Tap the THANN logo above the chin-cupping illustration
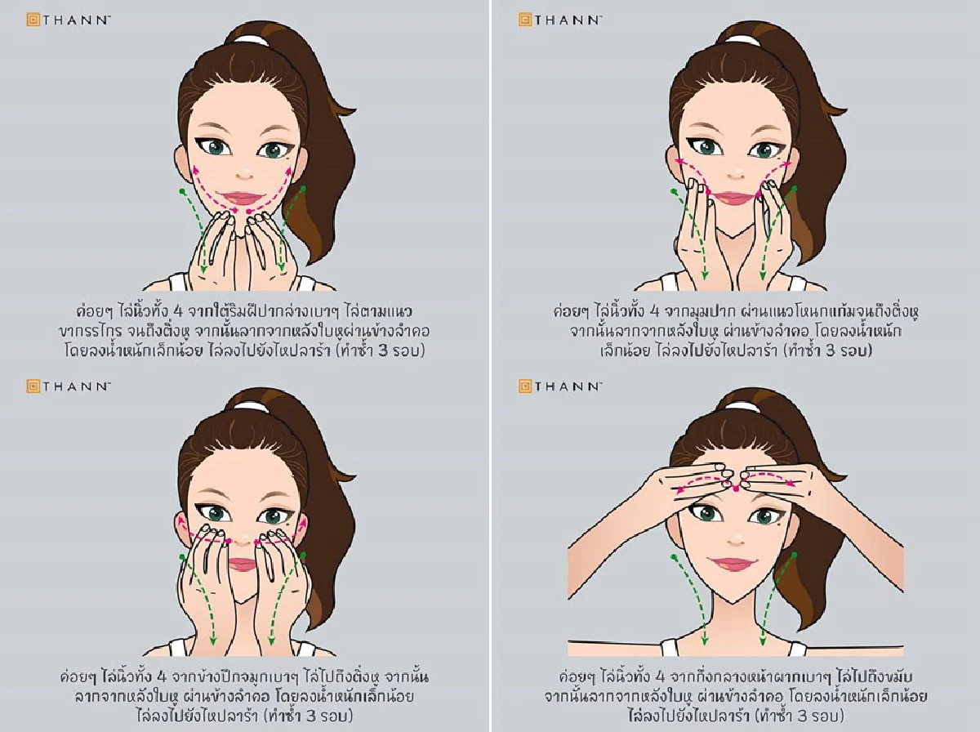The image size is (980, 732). pyautogui.click(x=69, y=20)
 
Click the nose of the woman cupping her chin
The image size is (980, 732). pyautogui.click(x=243, y=174)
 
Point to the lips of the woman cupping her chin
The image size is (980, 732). pyautogui.click(x=243, y=199)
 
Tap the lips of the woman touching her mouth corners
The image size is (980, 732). pyautogui.click(x=735, y=197)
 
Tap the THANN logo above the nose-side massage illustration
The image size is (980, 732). pyautogui.click(x=69, y=385)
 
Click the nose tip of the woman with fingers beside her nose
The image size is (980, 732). pyautogui.click(x=243, y=541)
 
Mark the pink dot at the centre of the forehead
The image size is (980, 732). pyautogui.click(x=736, y=488)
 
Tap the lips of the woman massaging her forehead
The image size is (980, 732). pyautogui.click(x=735, y=565)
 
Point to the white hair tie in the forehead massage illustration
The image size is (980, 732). pyautogui.click(x=736, y=405)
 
